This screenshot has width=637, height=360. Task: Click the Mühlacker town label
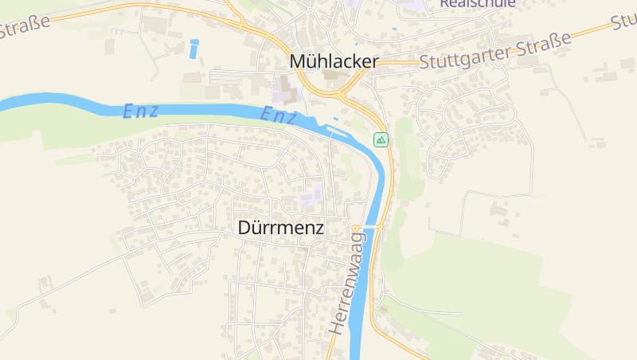334,61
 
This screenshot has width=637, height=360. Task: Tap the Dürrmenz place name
281,227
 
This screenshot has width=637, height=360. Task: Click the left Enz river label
139,112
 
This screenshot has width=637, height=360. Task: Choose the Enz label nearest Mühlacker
279,116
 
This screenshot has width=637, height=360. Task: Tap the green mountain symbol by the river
381,140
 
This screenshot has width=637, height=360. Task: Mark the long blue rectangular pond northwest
194,49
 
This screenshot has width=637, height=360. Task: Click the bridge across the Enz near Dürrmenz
368,227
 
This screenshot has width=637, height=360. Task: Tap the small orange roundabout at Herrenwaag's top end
355,229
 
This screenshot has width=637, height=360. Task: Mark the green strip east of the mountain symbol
408,159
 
